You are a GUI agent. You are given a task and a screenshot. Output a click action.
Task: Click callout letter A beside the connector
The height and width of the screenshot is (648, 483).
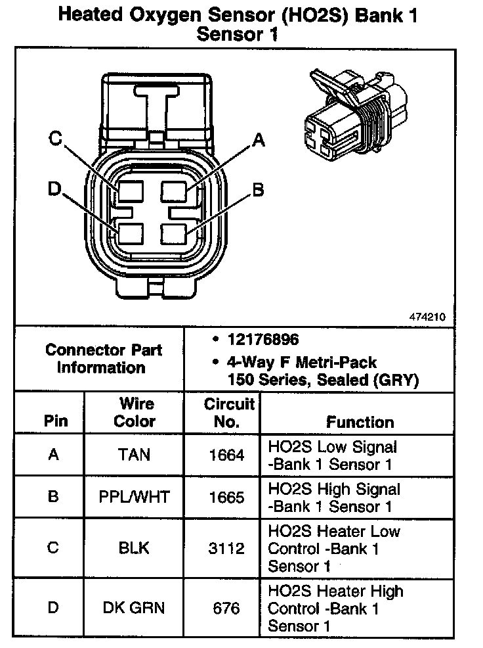coord(259,139)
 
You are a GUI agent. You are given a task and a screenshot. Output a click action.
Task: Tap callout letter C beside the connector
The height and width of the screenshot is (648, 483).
coord(56,139)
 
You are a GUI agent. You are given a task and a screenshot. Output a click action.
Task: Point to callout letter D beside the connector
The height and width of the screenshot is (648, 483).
coord(54,189)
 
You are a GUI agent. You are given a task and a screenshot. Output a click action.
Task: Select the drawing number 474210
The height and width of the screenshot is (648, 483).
coord(427,316)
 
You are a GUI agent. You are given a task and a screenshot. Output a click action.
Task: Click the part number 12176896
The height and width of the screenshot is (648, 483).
coord(263,340)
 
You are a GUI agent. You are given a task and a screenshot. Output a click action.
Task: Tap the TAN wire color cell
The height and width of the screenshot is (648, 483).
coord(135,455)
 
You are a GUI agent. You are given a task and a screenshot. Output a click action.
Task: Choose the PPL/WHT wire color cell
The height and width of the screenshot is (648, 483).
coord(135,497)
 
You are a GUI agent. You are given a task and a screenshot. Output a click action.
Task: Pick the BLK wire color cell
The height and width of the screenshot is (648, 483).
coord(135,548)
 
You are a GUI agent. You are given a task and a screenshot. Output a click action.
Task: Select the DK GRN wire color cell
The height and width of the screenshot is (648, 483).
coord(135,608)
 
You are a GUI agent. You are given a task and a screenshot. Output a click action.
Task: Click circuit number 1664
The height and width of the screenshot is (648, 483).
coord(226,455)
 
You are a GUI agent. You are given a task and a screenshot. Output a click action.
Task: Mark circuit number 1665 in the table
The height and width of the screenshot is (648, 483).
coord(226,497)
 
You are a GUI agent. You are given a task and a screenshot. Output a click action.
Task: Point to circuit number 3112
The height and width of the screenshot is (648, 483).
coord(226,548)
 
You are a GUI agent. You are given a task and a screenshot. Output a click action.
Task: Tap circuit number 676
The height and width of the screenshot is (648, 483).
coord(226,608)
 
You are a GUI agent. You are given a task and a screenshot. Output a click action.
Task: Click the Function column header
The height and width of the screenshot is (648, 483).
coord(360,422)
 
